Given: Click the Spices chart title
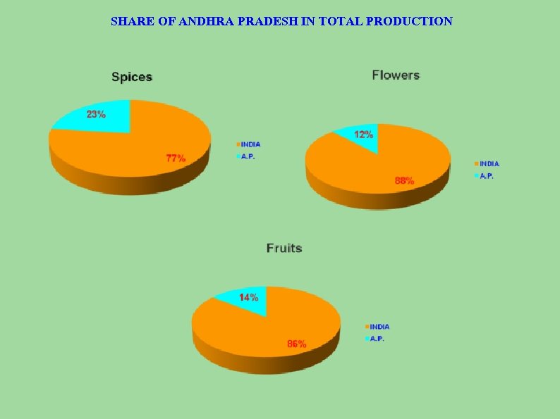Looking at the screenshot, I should tap(132, 77).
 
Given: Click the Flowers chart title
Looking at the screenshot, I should tap(396, 75).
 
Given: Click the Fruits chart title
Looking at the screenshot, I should tap(284, 248).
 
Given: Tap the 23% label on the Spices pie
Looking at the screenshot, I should tap(97, 114).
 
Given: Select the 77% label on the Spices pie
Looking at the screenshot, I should tap(176, 158).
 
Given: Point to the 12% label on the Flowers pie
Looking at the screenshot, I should tap(364, 134).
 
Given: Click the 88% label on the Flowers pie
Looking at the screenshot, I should tap(404, 180).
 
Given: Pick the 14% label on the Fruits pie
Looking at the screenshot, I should tap(248, 297).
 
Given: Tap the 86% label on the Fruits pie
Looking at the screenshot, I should tap(296, 344).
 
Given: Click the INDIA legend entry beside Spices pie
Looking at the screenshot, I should tap(250, 144).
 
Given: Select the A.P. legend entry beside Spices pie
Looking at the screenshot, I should tap(247, 156).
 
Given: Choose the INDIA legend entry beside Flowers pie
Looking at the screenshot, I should tap(488, 164).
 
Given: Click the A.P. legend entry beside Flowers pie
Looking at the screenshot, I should tap(485, 176).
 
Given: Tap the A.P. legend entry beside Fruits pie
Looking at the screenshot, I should tap(376, 339).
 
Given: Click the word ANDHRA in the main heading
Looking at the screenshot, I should tap(210, 21).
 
